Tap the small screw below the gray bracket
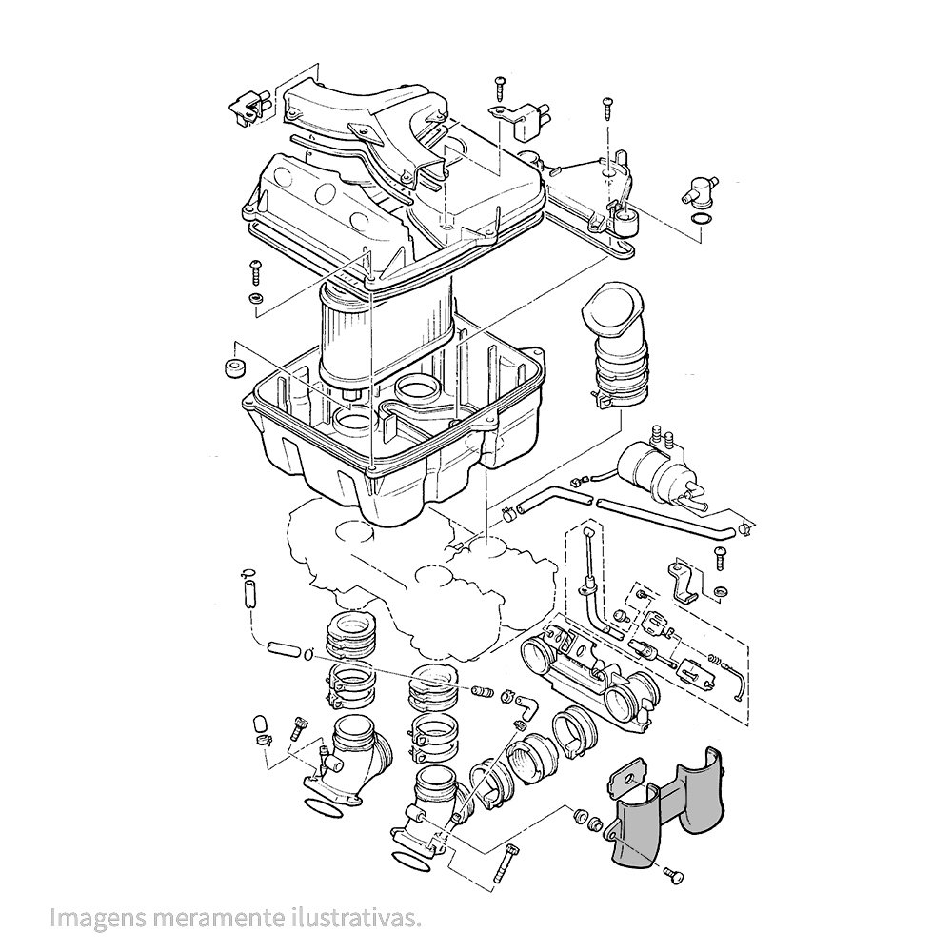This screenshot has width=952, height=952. [x=674, y=871]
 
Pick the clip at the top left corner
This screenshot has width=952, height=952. [x=245, y=109]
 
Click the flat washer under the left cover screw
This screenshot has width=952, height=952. [x=255, y=299]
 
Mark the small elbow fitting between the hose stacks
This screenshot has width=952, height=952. [x=523, y=710]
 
